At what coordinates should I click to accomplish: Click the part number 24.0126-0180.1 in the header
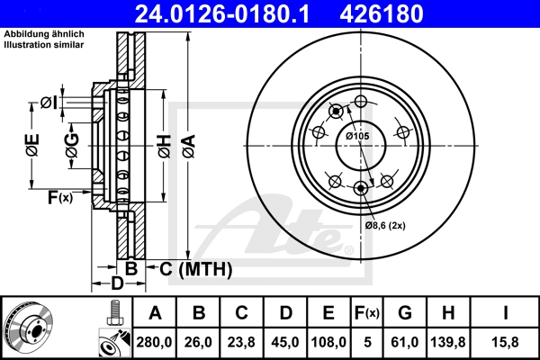pos(222,13)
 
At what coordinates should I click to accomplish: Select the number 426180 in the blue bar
pos(382,13)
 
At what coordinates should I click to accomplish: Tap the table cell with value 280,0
pos(154,342)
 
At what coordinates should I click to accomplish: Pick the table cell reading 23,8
pos(241,342)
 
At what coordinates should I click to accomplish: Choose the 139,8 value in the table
pos(448,342)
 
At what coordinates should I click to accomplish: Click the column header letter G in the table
pos(405,313)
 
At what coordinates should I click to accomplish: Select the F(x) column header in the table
pos(367,313)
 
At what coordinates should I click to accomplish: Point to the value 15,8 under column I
pos(506,342)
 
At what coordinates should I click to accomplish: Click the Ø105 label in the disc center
pos(357,136)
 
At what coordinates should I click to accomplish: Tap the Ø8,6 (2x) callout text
pos(385,226)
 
